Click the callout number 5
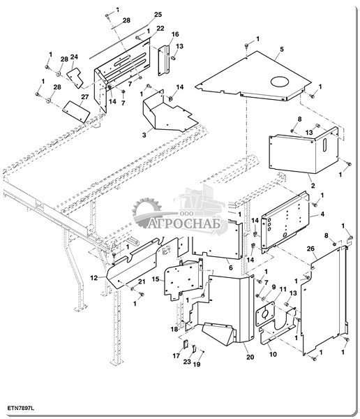pyautogui.click(x=282, y=50)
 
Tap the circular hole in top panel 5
pyautogui.click(x=280, y=82)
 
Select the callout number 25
pyautogui.click(x=158, y=15)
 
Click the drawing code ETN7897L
pyautogui.click(x=20, y=408)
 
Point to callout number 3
pyautogui.click(x=144, y=135)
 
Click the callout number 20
pyautogui.click(x=250, y=357)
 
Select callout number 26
pyautogui.click(x=310, y=249)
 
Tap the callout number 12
pyautogui.click(x=94, y=278)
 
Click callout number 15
pyautogui.click(x=156, y=279)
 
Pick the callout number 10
pyautogui.click(x=273, y=354)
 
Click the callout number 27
pyautogui.click(x=84, y=97)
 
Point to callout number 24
pyautogui.click(x=74, y=57)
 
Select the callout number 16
pyautogui.click(x=175, y=34)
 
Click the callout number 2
pyautogui.click(x=313, y=186)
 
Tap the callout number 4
pyautogui.click(x=322, y=214)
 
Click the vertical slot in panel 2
pyautogui.click(x=324, y=145)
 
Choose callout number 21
pyautogui.click(x=142, y=281)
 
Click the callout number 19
pyautogui.click(x=197, y=365)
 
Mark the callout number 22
pyautogui.click(x=160, y=29)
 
